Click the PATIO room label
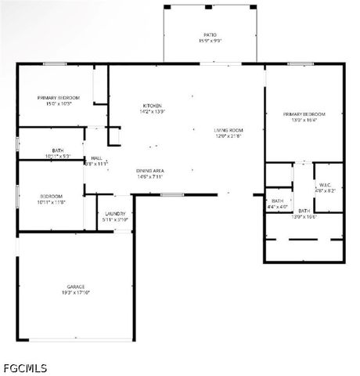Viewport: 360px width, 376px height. point(210,34)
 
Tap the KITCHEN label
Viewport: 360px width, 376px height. point(152,106)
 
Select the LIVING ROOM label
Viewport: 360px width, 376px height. point(229,130)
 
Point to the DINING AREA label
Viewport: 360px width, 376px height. point(149,170)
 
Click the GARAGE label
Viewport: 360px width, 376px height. point(76,287)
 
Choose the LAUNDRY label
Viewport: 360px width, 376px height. point(115,213)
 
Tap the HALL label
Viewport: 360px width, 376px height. point(96,157)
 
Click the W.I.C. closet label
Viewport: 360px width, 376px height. point(326,185)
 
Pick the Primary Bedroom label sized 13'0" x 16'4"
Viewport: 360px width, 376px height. point(304,114)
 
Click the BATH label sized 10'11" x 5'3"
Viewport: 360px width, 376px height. point(58,150)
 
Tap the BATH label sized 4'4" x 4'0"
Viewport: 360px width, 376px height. point(278,201)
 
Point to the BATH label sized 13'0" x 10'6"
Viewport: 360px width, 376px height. point(304,211)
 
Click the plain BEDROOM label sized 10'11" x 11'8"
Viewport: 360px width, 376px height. point(52,196)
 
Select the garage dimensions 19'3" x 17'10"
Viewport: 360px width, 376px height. point(76,293)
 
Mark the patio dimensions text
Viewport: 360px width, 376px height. point(210,41)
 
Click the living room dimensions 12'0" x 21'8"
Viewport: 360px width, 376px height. point(229,136)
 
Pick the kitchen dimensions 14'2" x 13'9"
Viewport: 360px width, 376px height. point(152,112)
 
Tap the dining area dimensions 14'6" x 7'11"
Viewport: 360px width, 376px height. point(149,176)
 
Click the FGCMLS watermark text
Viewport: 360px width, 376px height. point(25,367)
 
